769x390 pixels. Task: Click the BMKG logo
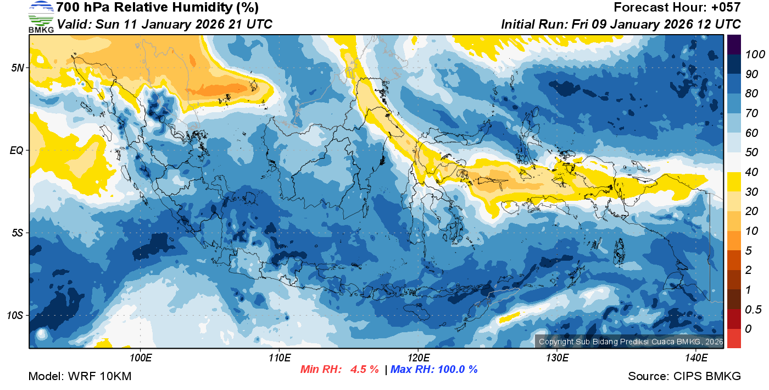tap(41, 17)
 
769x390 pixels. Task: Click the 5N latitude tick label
tap(18, 68)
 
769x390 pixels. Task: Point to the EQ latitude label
tap(17, 150)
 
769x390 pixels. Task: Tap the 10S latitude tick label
tap(15, 316)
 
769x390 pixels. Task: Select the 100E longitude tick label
tap(140, 358)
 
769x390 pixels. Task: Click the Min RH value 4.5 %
tap(364, 370)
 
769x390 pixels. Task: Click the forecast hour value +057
tap(726, 8)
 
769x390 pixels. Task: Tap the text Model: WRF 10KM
tap(80, 376)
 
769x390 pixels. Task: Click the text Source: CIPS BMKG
tap(684, 376)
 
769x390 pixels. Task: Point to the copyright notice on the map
tap(629, 342)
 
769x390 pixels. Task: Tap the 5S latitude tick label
tap(18, 233)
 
